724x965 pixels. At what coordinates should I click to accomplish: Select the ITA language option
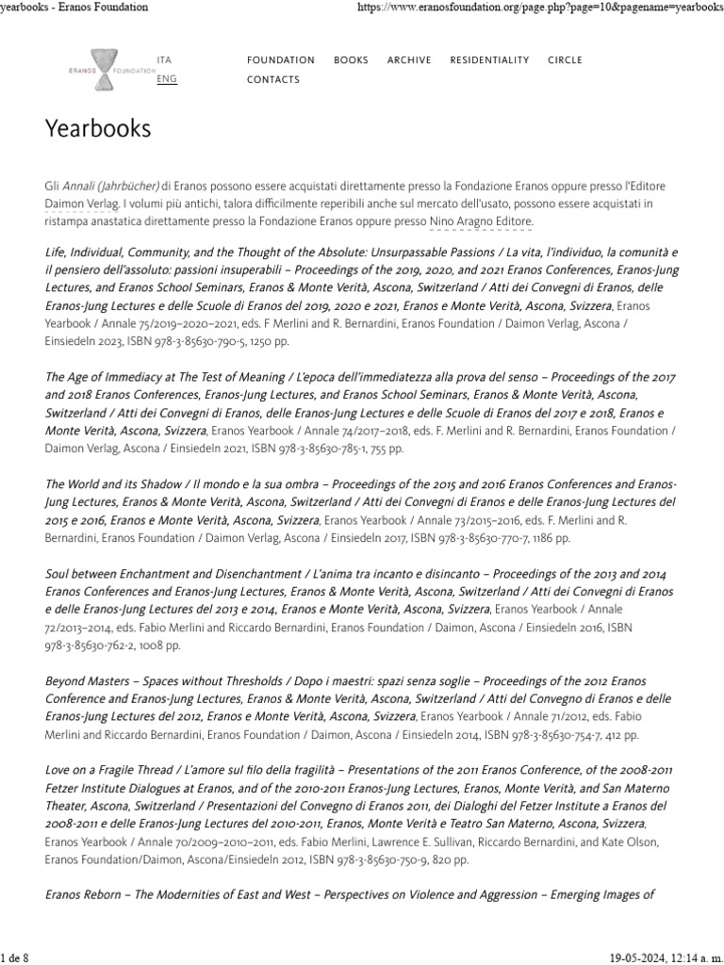point(164,59)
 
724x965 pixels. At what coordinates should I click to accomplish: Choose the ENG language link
point(166,79)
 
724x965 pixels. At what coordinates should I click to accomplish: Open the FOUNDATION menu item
point(280,59)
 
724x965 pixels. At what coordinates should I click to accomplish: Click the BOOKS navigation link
point(351,59)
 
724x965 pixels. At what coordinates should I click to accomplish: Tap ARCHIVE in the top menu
point(408,59)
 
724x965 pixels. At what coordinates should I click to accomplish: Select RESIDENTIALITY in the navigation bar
point(489,59)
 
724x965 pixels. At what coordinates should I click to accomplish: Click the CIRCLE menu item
point(565,59)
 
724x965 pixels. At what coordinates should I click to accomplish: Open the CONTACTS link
point(272,79)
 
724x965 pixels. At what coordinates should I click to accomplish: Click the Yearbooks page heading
point(97,128)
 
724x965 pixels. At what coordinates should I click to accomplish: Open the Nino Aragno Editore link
point(481,221)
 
